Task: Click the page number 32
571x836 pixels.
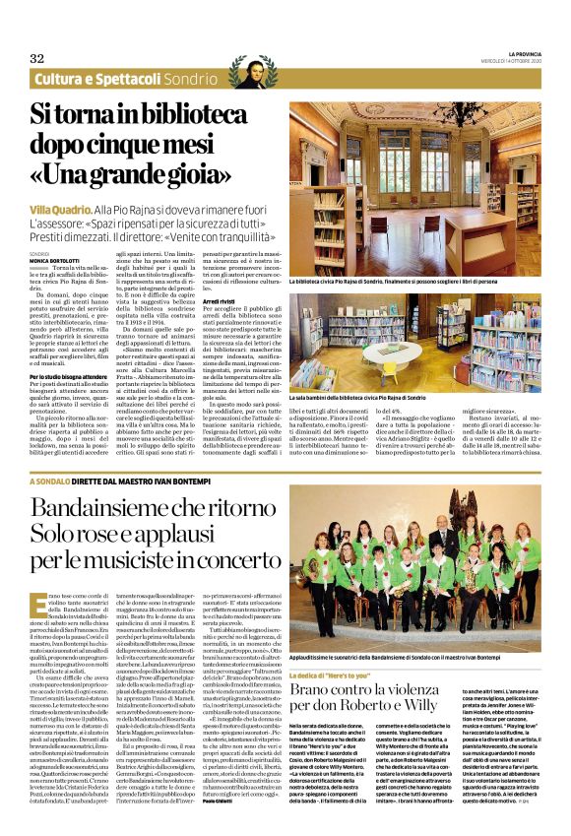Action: [37, 58]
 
